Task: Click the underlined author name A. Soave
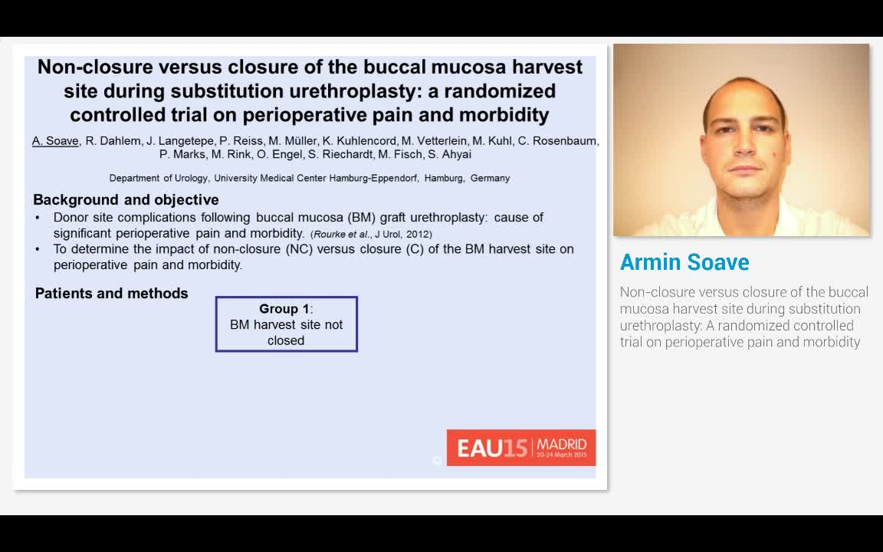coord(55,141)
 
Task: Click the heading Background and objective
coord(126,200)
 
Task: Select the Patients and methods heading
coord(111,294)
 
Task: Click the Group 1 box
coord(286,324)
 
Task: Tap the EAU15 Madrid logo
coord(521,448)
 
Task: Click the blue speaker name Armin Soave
coord(684,262)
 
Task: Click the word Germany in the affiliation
coord(490,178)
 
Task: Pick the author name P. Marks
coord(182,154)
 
